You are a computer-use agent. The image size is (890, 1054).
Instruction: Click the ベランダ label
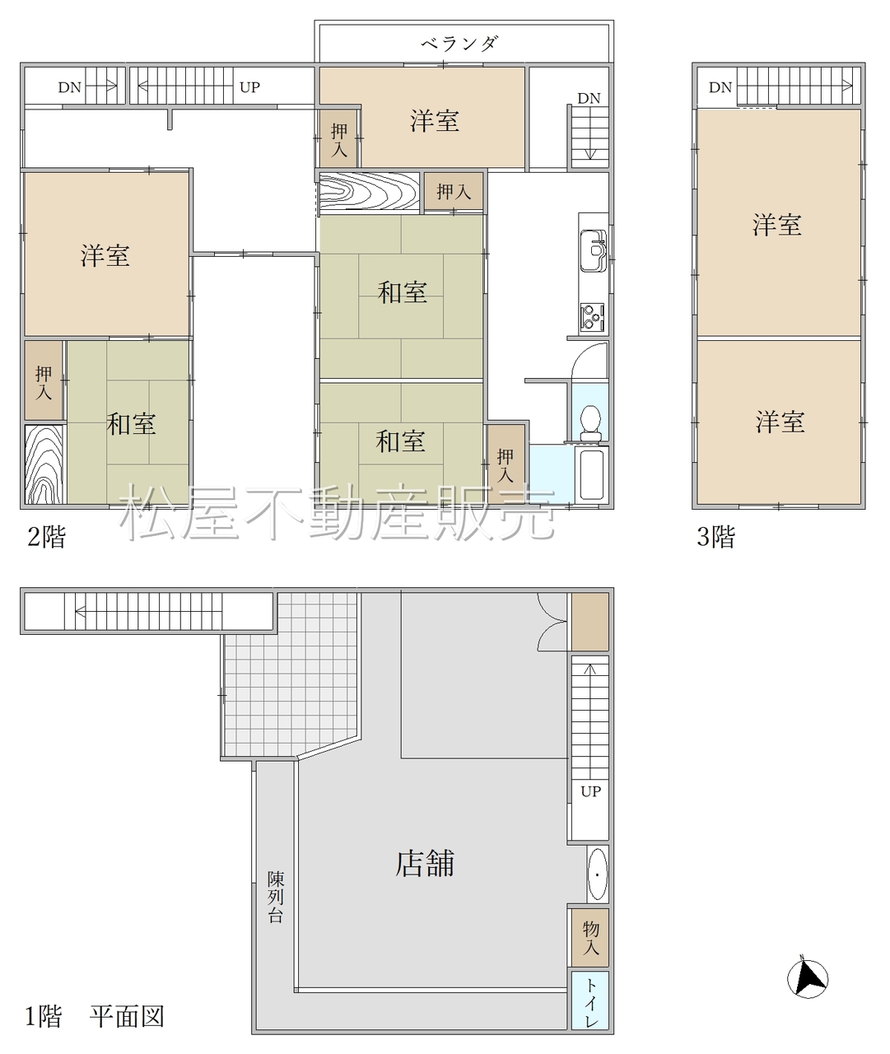(459, 44)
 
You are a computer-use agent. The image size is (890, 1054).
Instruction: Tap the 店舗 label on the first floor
(425, 864)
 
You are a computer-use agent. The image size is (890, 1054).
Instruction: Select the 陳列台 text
(276, 897)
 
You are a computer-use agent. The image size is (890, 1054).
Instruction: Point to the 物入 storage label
(590, 937)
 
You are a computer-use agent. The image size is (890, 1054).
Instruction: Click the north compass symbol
(807, 979)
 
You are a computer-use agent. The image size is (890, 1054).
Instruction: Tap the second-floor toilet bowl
(590, 422)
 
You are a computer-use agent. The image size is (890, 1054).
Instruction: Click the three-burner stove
(592, 316)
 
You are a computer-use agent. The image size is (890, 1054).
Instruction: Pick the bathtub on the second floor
(592, 474)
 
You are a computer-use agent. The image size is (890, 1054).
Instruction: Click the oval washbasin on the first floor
(598, 874)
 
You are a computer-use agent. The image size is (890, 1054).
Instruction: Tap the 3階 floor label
(715, 537)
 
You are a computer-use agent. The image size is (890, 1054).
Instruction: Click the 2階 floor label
(46, 537)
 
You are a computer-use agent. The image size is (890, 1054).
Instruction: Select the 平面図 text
(128, 1016)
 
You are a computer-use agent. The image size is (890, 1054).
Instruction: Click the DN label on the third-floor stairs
(720, 87)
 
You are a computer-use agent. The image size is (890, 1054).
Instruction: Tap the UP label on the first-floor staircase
(590, 791)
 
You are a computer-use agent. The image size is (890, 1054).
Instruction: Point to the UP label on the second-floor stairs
(249, 87)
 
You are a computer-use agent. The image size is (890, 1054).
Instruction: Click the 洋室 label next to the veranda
(435, 122)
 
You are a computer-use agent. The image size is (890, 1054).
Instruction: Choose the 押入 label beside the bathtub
(505, 466)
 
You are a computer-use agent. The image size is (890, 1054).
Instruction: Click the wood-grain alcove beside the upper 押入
(370, 191)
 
